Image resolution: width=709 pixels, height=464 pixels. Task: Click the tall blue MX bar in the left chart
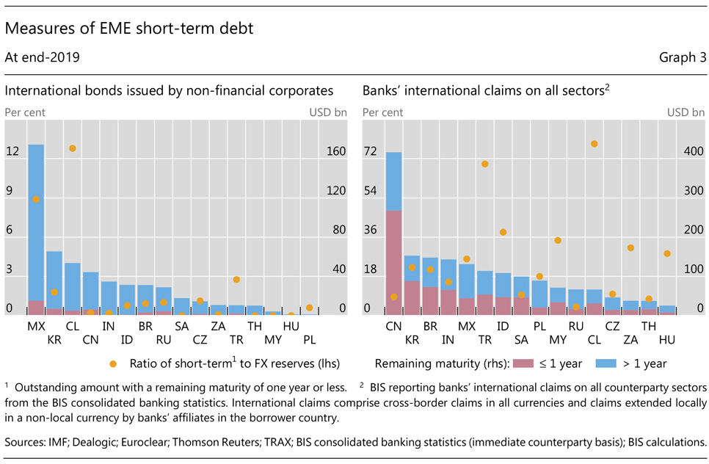tap(36, 220)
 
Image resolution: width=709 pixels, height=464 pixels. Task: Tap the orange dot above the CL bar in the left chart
tap(73, 148)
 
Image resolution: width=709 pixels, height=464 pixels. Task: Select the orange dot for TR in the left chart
tap(236, 280)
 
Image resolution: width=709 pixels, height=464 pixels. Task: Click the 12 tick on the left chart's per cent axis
tap(12, 152)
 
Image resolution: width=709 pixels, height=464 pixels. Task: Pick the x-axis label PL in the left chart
tap(309, 340)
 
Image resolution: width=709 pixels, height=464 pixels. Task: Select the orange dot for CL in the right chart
tap(594, 144)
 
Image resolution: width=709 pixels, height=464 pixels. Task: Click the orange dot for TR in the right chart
tap(485, 164)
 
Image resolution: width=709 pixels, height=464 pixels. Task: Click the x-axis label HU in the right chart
tap(666, 340)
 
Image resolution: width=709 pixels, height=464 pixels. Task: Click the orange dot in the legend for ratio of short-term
tap(112, 363)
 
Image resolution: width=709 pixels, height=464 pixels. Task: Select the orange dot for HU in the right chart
tap(666, 253)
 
